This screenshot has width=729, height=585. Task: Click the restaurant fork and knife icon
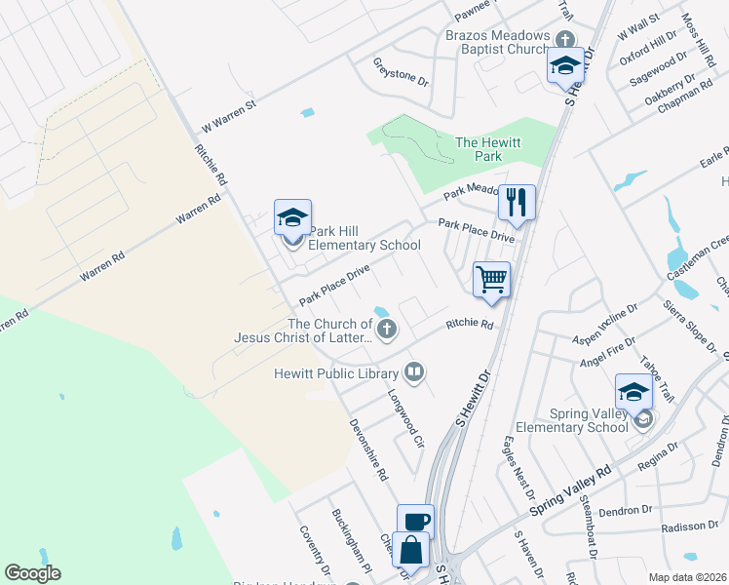[517, 204]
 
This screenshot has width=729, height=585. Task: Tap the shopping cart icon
[491, 279]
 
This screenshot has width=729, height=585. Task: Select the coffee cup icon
[415, 521]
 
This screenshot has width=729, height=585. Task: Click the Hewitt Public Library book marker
[414, 372]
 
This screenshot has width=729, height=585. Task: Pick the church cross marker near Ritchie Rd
[387, 329]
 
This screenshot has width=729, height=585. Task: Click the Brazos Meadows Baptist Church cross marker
[564, 38]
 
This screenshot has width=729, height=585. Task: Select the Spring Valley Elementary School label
[575, 420]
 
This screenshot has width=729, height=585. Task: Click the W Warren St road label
[227, 115]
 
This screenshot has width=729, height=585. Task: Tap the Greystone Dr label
[402, 71]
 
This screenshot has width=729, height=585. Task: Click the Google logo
[32, 573]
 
